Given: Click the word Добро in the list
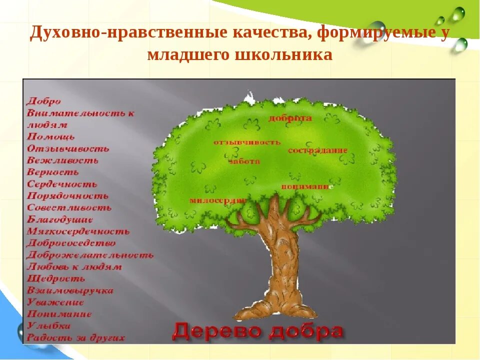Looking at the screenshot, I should tap(44, 101).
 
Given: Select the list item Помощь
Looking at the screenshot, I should tap(51, 136).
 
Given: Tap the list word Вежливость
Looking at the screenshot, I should tap(62, 160).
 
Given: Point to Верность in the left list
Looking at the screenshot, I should tap(53, 172).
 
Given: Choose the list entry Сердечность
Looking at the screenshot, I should tap(62, 184).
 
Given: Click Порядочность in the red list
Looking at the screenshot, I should tap(67, 196).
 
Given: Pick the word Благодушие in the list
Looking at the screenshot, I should tap(60, 219).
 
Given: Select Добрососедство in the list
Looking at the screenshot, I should tap(71, 243).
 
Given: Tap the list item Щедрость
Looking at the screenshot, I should tap(56, 278).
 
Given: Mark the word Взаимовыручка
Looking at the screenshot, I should tap(70, 290).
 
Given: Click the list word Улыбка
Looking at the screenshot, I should tap(48, 325).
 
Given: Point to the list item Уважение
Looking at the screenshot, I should tap(55, 302).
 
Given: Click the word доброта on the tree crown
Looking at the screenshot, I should tap(290, 118).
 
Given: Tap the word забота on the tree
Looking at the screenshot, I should tap(244, 161).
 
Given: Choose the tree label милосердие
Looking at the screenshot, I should tap(217, 200).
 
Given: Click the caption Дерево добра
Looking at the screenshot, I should tap(258, 331).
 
